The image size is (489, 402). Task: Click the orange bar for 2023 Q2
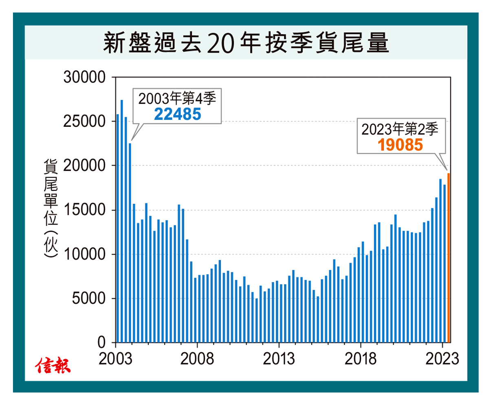[x=449, y=258]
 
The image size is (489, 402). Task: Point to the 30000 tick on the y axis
[x=84, y=77]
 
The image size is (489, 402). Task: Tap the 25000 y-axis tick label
[x=84, y=121]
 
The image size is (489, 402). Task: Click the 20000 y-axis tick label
[x=84, y=166]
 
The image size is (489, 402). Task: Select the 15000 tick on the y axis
[x=84, y=210]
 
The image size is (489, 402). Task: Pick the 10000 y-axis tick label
[x=84, y=254]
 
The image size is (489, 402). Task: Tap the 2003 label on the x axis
[x=116, y=359]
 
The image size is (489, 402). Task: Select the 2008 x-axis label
[x=198, y=359]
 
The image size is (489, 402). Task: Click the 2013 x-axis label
[x=279, y=359]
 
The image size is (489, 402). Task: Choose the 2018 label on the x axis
[x=361, y=359]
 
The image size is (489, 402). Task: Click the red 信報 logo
[x=53, y=366]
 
